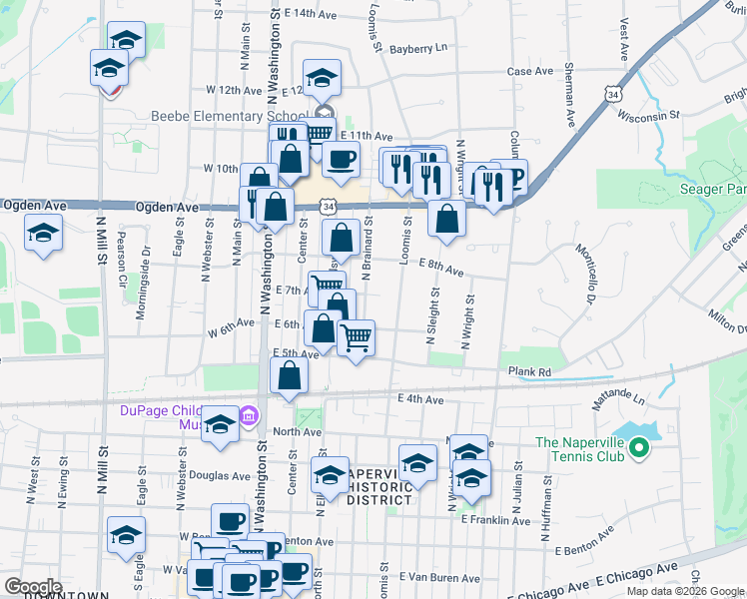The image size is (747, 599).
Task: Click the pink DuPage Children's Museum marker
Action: pos(249,415)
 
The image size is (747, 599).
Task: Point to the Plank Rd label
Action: pos(529,372)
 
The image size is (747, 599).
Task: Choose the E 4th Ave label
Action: pos(419,399)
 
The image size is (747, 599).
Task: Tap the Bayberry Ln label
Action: pos(418,48)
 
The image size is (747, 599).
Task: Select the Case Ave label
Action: pos(529,72)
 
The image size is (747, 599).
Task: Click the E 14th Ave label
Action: pos(311,14)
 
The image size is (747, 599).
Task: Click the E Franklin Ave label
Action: pos(495,520)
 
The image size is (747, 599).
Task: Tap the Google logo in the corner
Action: pos(34,587)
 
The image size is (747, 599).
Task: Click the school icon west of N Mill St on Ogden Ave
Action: pos(43,234)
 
